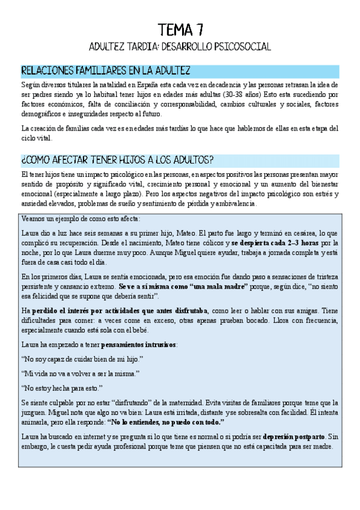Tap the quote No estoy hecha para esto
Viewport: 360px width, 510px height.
click(x=62, y=388)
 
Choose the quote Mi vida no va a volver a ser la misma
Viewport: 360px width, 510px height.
click(x=79, y=373)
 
